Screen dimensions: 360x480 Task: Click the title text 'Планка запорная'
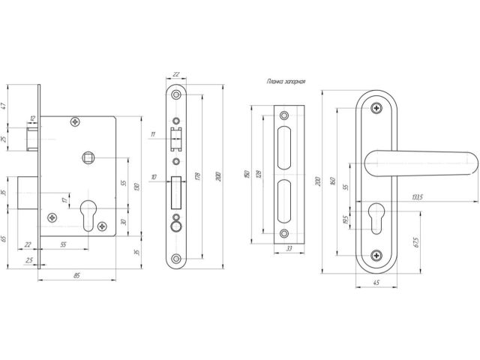(285, 82)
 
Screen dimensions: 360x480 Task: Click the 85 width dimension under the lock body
(78, 275)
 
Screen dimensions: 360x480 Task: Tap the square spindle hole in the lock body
(87, 157)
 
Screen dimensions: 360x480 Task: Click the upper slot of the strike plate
(285, 148)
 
